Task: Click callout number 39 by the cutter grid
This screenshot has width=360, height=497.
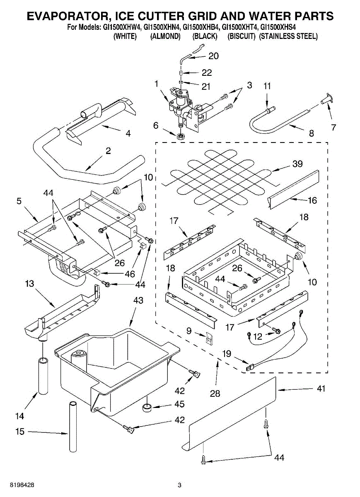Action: [297, 164]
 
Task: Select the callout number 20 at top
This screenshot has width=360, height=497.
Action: [213, 56]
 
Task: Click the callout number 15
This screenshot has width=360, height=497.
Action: [20, 432]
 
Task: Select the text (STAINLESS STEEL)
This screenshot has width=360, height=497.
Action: [288, 36]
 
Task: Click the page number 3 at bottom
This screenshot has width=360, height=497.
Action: [179, 485]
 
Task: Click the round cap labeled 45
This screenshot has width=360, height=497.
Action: [147, 408]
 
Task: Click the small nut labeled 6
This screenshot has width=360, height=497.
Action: [180, 136]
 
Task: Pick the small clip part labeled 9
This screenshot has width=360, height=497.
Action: [210, 339]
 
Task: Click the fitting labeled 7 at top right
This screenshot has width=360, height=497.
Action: [325, 99]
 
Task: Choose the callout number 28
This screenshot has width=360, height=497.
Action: [215, 393]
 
